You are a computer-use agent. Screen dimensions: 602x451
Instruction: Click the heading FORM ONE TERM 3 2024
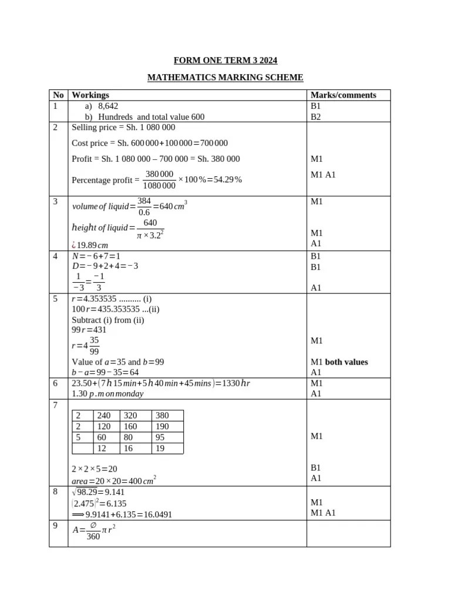(225, 61)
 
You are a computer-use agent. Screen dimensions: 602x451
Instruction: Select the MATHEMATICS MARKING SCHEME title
(225, 78)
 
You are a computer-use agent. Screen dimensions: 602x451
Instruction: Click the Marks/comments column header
(343, 95)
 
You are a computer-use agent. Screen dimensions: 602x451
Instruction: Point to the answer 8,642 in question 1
(108, 106)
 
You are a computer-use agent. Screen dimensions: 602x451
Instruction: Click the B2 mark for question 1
(316, 117)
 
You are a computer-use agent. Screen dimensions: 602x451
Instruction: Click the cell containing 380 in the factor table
(163, 415)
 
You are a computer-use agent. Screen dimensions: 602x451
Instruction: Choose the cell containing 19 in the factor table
(160, 449)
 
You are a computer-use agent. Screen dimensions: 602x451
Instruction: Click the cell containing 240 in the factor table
(103, 415)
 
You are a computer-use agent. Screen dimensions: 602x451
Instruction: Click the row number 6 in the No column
(55, 383)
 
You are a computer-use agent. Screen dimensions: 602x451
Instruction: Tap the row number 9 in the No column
(55, 526)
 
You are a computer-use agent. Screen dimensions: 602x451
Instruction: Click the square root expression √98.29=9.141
(98, 492)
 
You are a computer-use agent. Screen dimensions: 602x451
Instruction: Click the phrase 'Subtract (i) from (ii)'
(107, 320)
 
